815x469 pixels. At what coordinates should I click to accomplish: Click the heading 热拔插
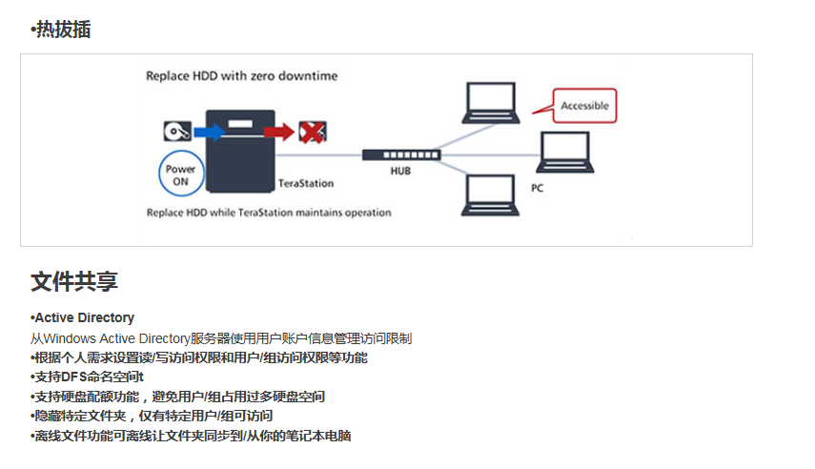[61, 30]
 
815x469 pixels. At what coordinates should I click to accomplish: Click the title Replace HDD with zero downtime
[242, 76]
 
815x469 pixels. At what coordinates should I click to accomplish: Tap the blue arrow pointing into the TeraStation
[209, 132]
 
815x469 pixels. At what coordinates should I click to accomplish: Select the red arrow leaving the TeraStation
[279, 132]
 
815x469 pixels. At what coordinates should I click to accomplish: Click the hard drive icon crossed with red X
[313, 132]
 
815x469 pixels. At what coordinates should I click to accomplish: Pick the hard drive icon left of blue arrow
[177, 131]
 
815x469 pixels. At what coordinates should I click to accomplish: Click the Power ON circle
[181, 173]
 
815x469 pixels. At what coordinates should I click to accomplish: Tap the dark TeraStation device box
[240, 151]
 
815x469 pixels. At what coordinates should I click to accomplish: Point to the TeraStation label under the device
[306, 183]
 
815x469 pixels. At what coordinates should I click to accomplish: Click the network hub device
[401, 155]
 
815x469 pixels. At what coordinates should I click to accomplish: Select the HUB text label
[400, 171]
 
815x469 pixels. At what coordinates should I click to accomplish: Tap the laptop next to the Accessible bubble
[491, 103]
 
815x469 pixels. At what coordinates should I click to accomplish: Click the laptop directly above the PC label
[565, 152]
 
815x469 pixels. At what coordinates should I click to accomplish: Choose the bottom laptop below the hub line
[490, 195]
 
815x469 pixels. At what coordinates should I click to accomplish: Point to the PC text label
[537, 188]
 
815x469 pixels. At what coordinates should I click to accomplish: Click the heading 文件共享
[74, 282]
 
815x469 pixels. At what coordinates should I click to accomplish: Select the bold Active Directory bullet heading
[82, 317]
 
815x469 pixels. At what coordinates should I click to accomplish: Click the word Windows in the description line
[71, 338]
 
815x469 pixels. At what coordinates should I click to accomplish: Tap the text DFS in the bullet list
[74, 377]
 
